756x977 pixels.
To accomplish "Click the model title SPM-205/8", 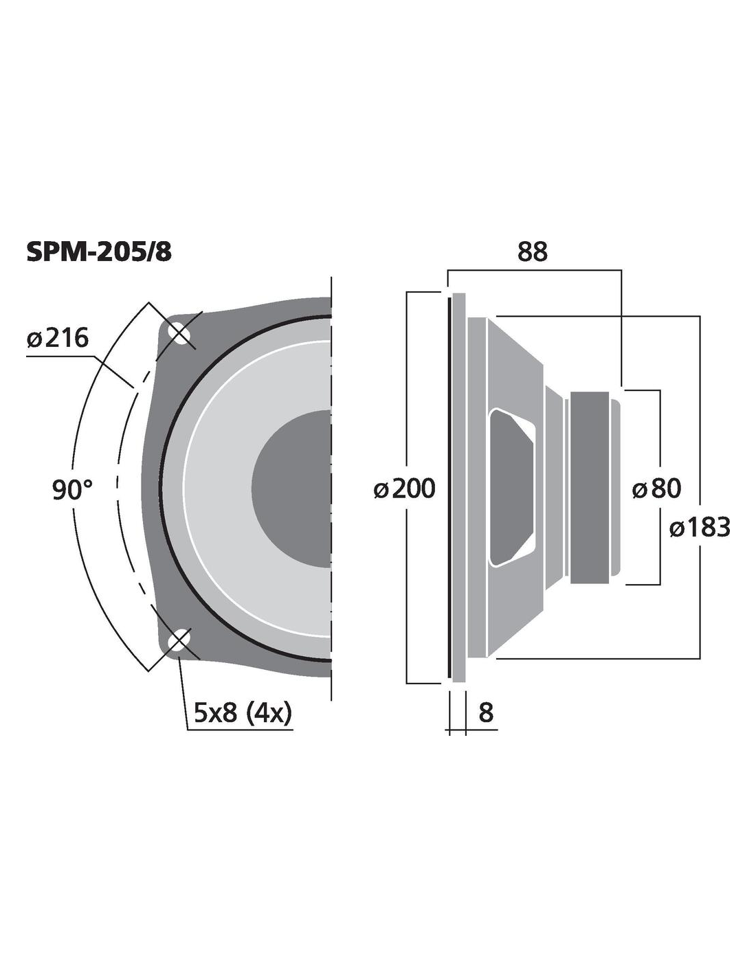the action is coord(99,252).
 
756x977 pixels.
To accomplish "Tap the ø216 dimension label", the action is coord(58,337).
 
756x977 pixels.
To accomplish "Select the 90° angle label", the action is coord(72,490).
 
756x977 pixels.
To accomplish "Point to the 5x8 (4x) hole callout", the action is coord(243,712).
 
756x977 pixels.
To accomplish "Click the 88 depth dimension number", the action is coord(533,251).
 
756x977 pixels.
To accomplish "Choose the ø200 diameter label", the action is coord(404,488).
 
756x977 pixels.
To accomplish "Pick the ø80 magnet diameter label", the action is coord(656,488).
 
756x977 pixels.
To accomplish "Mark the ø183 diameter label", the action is coord(700,526).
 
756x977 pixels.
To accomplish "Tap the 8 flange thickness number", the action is coord(486,712).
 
